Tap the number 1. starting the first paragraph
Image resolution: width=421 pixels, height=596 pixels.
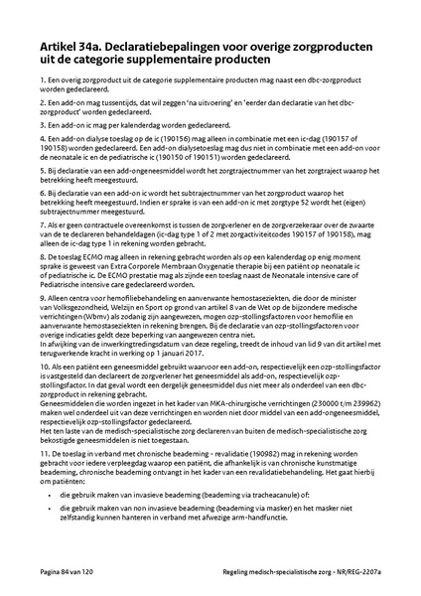pyautogui.click(x=44, y=79)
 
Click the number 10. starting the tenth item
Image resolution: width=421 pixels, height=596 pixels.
pyautogui.click(x=46, y=394)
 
